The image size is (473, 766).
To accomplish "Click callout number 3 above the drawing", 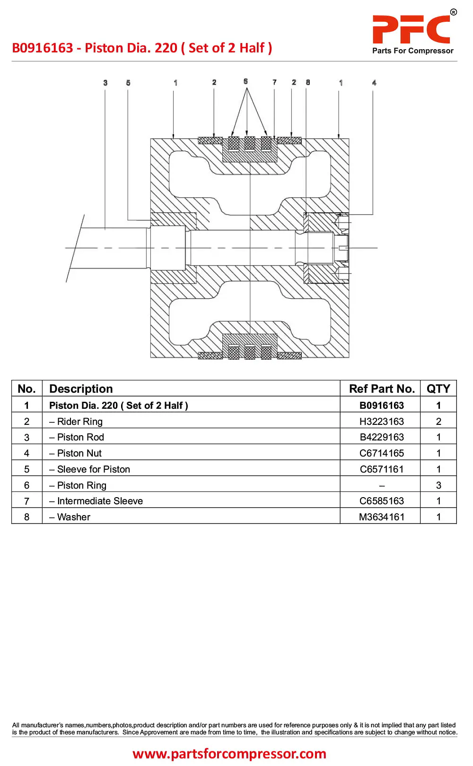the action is pos(105,83).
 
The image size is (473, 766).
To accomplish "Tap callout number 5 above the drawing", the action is pos(128,83).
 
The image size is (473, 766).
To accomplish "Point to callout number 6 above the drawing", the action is pos(246,81).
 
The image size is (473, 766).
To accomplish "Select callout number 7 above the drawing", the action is pos(274,82).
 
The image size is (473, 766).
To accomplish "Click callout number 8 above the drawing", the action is pos(308,82).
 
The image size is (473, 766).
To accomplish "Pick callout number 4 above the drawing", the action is pos(374,83).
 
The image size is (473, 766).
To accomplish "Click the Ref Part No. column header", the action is pos(382,389).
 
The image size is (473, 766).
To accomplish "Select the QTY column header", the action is pos(438,389).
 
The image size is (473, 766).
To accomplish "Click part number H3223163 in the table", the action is pos(382,422).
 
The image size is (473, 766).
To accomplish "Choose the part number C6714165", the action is pos(382,453).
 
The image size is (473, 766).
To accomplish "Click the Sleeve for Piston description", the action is pos(89,469).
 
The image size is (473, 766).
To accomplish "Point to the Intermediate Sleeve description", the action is pos(96,501).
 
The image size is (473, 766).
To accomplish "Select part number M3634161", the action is pos(382,517).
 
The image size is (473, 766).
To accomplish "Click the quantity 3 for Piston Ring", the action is pos(438,485).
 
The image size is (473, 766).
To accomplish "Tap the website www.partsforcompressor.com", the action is pos(229,753).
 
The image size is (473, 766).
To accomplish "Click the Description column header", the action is pos(81,389).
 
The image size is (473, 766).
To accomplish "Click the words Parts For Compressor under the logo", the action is pos(413,51).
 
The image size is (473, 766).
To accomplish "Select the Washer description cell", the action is pos(70,517).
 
